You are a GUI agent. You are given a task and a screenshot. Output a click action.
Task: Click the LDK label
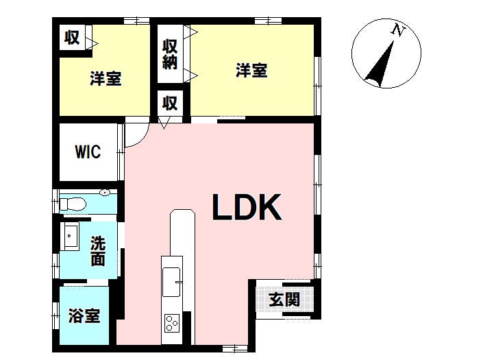247,207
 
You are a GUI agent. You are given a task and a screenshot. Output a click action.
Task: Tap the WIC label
88,152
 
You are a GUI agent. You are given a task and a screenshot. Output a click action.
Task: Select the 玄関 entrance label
284,299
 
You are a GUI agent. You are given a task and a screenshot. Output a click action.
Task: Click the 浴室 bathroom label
84,315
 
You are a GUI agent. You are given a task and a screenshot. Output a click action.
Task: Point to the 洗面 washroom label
98,251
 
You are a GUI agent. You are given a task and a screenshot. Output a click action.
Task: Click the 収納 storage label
170,54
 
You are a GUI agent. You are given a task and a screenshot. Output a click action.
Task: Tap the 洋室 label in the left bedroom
106,78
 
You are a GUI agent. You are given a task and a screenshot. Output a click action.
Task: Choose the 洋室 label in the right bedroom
251,70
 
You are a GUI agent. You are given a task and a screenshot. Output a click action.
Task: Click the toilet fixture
73,204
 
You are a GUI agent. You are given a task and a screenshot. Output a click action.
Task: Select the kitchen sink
171,282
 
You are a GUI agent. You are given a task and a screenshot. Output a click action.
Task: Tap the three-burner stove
171,323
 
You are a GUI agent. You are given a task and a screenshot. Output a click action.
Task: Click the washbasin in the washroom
71,236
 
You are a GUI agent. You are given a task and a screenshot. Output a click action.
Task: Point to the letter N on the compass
398,30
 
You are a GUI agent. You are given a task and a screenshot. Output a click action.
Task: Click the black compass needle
380,64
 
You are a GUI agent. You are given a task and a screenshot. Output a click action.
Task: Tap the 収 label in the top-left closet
72,38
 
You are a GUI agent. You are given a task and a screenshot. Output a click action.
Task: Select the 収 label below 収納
170,104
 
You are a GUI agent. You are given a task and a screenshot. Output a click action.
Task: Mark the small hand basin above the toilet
105,193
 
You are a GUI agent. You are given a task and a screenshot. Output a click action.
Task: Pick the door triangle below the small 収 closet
164,123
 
